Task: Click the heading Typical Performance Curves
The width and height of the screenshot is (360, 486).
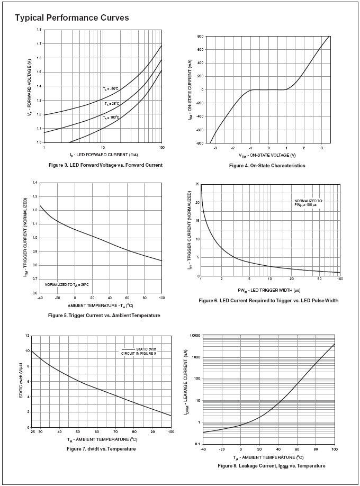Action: click(x=72, y=18)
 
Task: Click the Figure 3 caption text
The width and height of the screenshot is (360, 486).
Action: click(x=102, y=165)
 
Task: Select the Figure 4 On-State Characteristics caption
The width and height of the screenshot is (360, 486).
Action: click(x=267, y=166)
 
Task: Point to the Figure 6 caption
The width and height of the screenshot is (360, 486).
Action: click(x=268, y=301)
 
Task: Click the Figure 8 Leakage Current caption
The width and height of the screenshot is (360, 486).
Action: click(x=271, y=466)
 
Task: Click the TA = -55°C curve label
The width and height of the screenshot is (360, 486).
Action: click(x=111, y=88)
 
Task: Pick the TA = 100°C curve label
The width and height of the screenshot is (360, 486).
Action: click(x=111, y=117)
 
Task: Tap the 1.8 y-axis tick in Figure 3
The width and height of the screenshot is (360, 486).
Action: click(x=39, y=30)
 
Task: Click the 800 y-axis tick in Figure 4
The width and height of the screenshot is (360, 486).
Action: click(x=201, y=37)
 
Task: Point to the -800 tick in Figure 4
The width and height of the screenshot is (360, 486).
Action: click(x=200, y=143)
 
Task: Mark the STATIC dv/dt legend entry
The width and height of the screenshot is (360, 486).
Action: click(x=137, y=350)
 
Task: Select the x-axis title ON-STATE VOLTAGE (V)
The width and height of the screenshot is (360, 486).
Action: click(x=267, y=155)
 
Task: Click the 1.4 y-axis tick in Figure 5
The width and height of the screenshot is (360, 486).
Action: click(x=35, y=183)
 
